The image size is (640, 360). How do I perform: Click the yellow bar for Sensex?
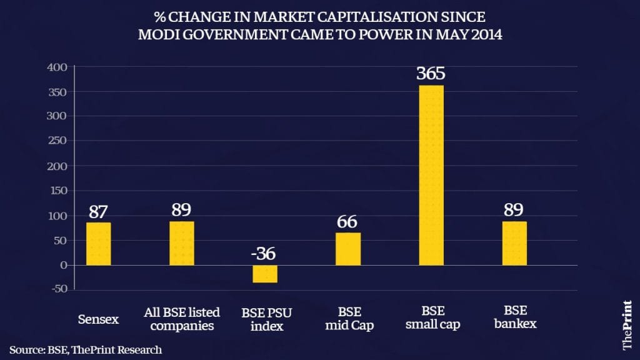pos(98,244)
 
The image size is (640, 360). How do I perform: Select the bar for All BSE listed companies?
pos(181,243)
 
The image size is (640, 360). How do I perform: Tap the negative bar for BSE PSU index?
pos(264,274)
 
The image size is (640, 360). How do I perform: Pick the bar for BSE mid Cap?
pos(347,249)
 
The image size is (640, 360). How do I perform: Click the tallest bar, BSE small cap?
pos(431,175)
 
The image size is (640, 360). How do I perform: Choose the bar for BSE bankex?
pos(514,243)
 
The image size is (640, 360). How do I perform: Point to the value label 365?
pos(431,74)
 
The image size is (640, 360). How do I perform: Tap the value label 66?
pos(347,221)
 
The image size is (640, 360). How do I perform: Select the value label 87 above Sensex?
pos(98,211)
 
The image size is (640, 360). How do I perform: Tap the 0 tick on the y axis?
pos(63,265)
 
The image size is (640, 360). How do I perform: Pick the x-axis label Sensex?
pos(98,319)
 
